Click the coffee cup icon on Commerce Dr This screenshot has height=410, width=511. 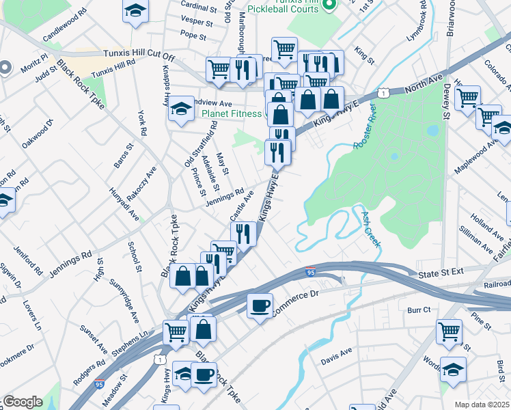pos(260,305)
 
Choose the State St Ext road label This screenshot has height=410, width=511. pos(440,271)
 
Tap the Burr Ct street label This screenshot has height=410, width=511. pos(418,310)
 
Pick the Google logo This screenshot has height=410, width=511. pos(22,402)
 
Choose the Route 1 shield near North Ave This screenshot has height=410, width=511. pos(385,92)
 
